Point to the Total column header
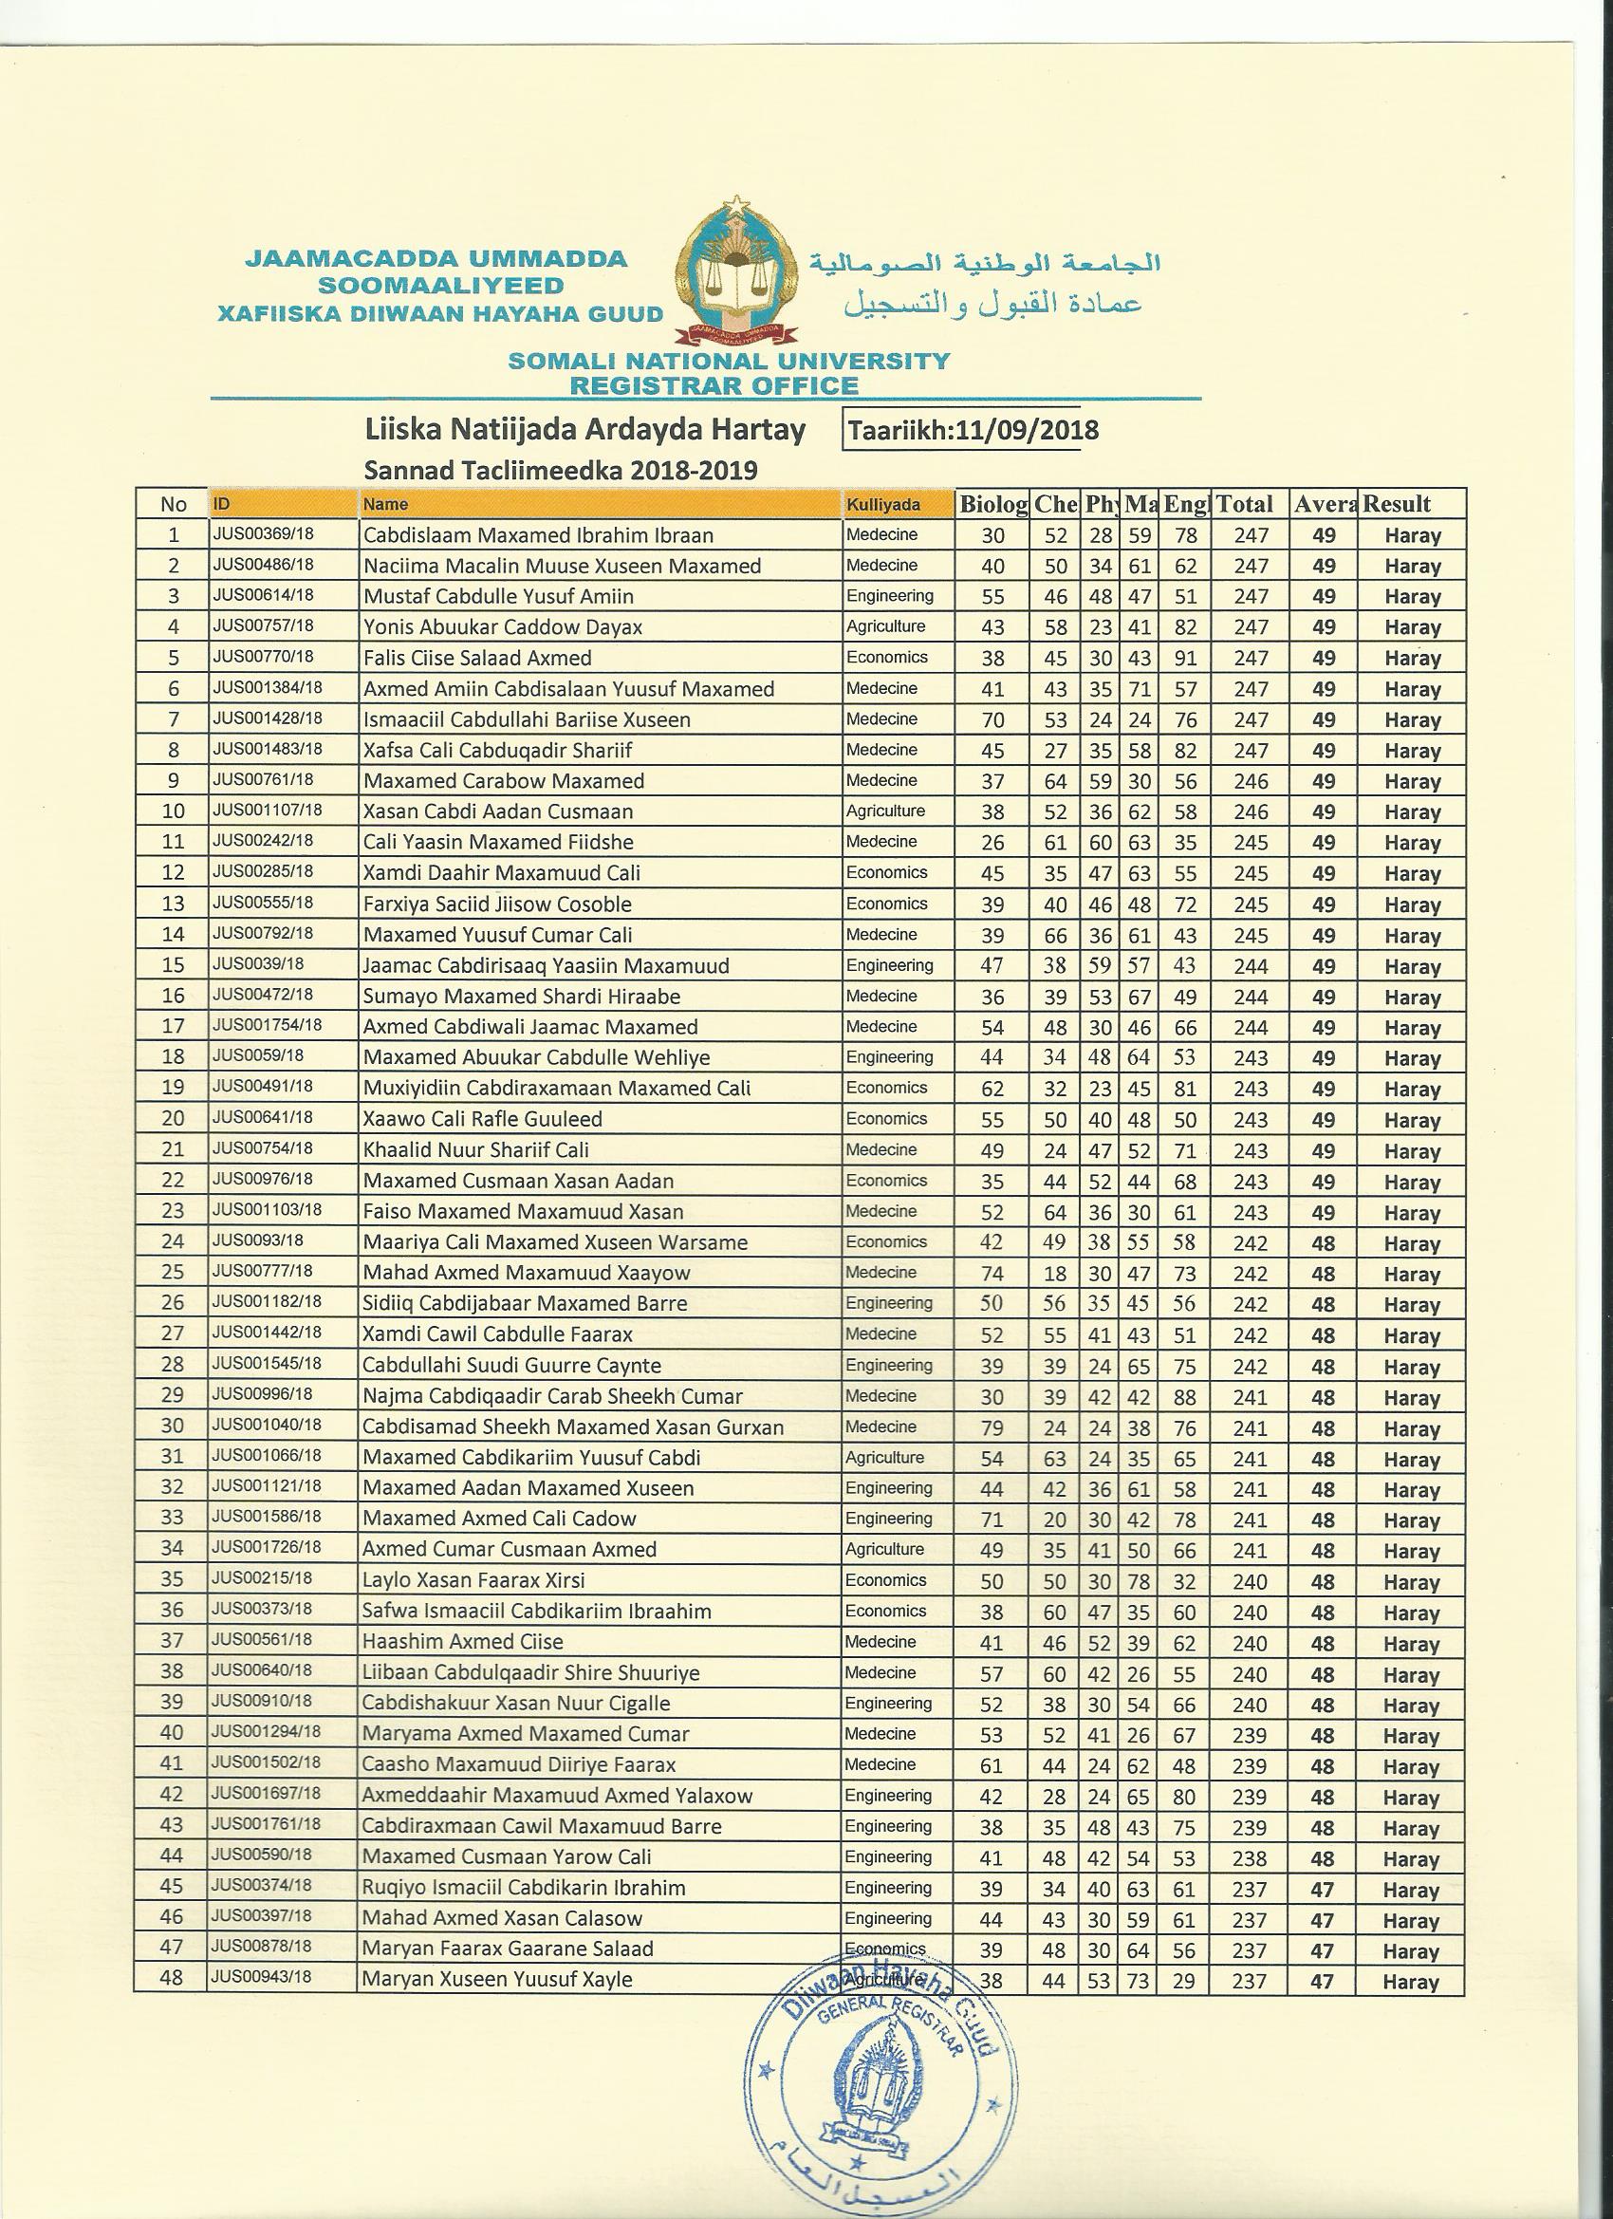(x=1244, y=504)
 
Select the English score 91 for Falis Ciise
(x=1185, y=659)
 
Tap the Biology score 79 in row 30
(x=992, y=1427)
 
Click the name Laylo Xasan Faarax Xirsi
(x=473, y=1580)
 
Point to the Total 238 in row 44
(x=1249, y=1859)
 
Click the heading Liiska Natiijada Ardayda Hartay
(x=584, y=430)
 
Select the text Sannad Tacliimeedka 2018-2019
(x=561, y=471)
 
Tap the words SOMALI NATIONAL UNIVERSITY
(x=729, y=361)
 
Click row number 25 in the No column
(x=172, y=1273)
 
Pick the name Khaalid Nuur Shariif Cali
(x=475, y=1150)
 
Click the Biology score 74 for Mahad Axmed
(x=992, y=1274)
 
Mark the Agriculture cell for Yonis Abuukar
(x=885, y=626)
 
